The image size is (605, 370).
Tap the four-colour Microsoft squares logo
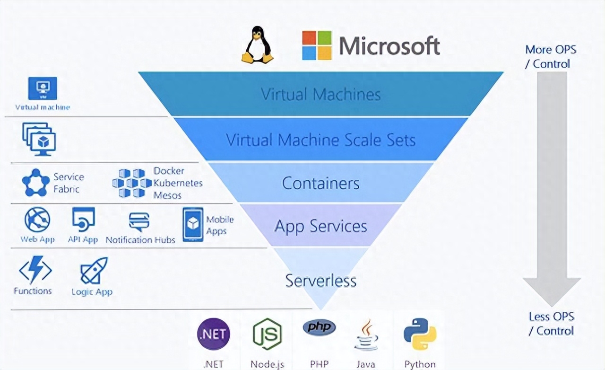click(317, 45)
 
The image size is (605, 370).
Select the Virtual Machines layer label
click(321, 94)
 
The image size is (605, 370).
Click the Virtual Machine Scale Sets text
click(321, 140)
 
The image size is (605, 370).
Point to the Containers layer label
click(321, 183)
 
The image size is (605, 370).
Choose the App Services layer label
click(321, 226)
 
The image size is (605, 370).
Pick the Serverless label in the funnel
click(321, 280)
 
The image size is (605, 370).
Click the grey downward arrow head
click(552, 291)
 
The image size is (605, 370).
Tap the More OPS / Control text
click(551, 56)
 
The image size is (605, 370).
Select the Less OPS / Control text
click(551, 324)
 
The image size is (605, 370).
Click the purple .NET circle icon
click(214, 334)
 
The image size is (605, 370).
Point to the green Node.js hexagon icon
click(267, 334)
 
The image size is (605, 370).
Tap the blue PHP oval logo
click(320, 327)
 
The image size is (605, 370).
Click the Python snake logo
click(420, 334)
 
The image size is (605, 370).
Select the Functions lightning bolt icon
click(35, 270)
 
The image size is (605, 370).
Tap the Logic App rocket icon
click(94, 271)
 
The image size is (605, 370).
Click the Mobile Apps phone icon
click(193, 224)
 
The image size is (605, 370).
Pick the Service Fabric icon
click(36, 183)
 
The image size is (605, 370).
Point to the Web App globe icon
click(37, 220)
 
